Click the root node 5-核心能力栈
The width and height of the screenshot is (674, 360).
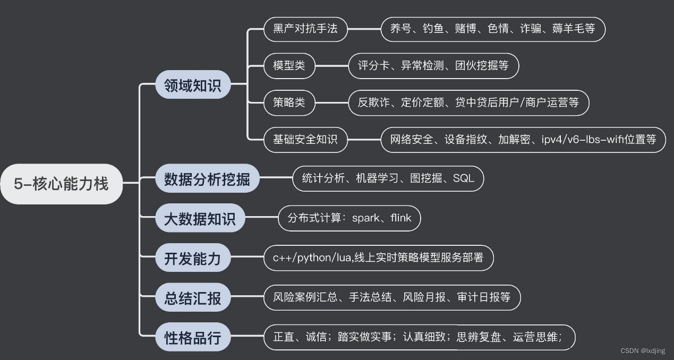(x=61, y=184)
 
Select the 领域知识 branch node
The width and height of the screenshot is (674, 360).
(x=193, y=84)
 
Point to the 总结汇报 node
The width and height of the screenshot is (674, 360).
(x=193, y=298)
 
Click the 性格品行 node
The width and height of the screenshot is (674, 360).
(x=193, y=338)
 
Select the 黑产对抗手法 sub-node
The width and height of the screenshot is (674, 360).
(x=305, y=29)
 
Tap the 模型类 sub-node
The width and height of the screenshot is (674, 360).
(x=289, y=66)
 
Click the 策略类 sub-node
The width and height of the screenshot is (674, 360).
(x=289, y=102)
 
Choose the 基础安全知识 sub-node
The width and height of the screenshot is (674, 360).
(x=305, y=140)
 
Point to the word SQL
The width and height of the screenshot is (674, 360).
(x=464, y=179)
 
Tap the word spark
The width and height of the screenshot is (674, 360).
(x=366, y=218)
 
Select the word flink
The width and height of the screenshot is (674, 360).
(x=400, y=218)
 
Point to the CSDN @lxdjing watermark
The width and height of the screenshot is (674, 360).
(x=644, y=351)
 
